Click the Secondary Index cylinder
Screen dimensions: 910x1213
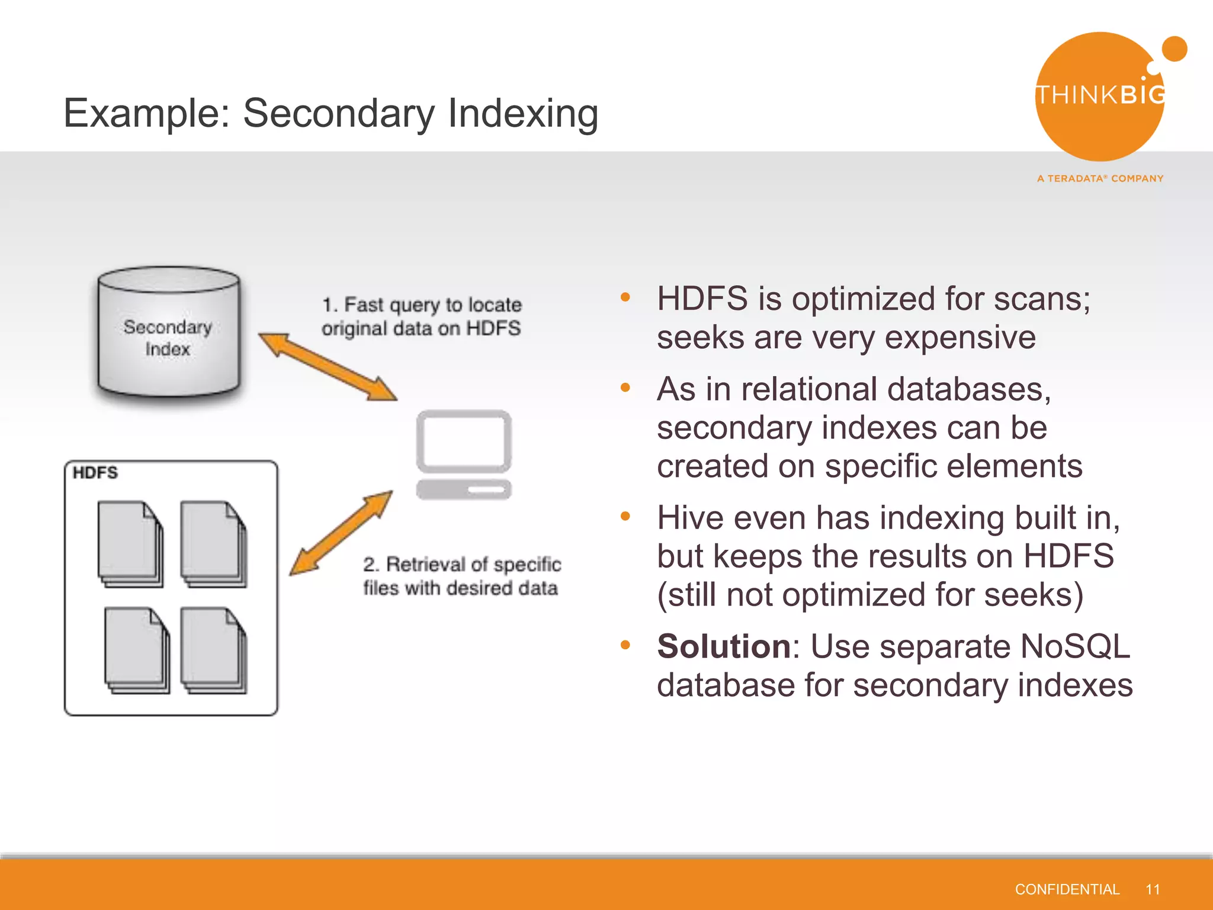pos(169,335)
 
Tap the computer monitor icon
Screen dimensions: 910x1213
pos(464,454)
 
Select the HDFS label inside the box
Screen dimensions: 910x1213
pos(95,473)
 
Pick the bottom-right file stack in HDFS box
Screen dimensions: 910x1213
pos(214,650)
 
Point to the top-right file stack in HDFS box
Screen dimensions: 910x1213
pos(214,544)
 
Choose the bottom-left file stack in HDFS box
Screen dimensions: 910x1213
pos(137,650)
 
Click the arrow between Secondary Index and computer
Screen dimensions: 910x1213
pos(328,367)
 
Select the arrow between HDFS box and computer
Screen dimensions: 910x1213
pos(341,533)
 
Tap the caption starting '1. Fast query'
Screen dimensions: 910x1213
pos(421,316)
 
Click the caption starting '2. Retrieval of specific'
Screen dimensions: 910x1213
pos(461,576)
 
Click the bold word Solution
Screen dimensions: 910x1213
pos(724,646)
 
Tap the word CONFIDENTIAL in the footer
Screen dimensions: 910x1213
pos(1067,889)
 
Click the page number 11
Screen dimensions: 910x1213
pos(1153,889)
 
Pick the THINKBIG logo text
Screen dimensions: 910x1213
pos(1100,95)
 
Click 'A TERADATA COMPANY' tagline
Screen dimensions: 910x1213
pos(1100,178)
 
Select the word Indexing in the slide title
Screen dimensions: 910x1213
pos(523,113)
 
